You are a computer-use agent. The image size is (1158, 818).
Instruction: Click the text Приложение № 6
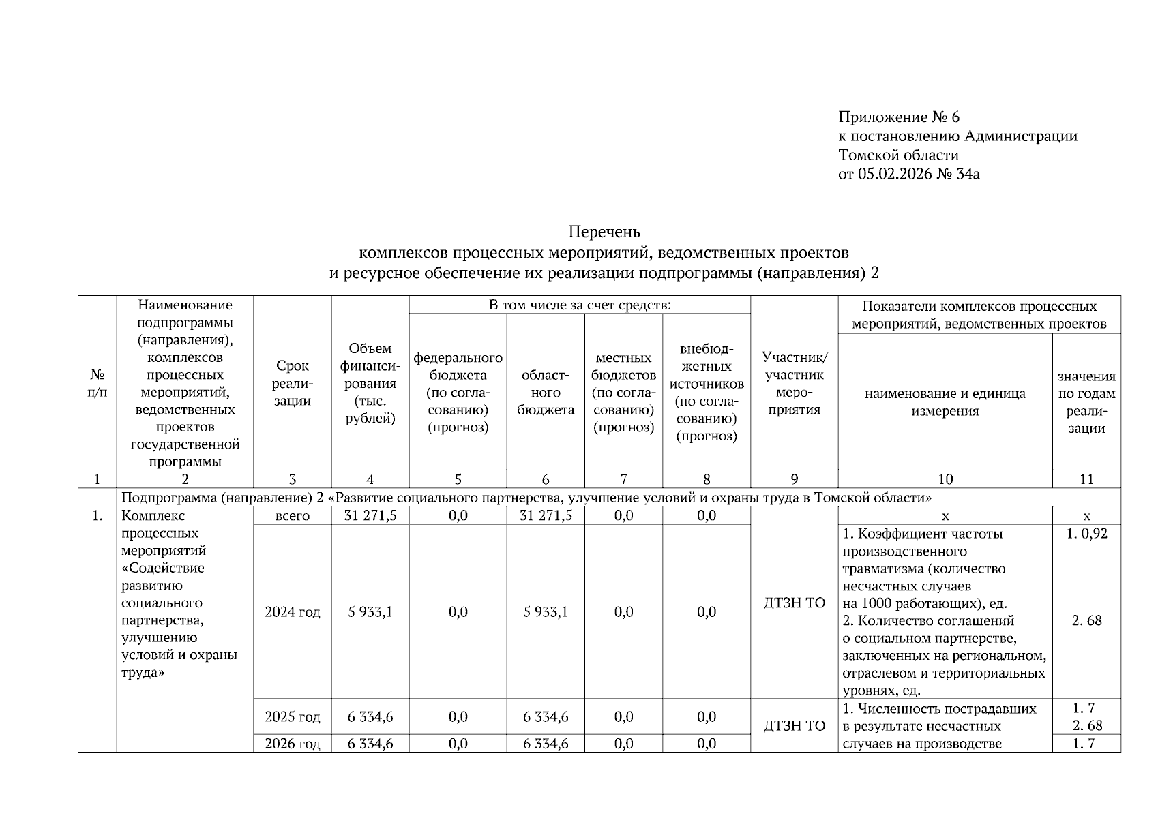point(898,117)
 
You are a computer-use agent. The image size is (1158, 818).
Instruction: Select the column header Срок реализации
point(293,384)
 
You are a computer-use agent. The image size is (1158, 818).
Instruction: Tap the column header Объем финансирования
point(370,384)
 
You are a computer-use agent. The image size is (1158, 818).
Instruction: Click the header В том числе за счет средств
point(580,305)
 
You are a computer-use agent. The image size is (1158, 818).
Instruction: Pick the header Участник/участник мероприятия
point(795,383)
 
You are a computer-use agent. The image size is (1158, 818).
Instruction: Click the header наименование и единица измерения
point(945,402)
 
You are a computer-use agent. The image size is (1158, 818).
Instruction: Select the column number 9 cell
point(795,479)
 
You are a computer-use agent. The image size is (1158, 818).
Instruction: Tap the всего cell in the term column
point(293,516)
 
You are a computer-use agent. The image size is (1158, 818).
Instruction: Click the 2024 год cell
point(293,612)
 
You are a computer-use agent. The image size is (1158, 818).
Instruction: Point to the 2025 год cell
point(293,717)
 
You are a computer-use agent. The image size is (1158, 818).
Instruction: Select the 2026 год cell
point(293,744)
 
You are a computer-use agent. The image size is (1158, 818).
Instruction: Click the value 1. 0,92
point(1086,534)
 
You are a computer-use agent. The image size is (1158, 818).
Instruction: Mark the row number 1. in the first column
point(98,516)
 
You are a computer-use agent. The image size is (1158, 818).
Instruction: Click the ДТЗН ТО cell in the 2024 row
point(795,603)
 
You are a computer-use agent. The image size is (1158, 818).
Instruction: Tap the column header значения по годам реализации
point(1086,402)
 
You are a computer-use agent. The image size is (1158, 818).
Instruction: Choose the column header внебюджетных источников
point(707,393)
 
